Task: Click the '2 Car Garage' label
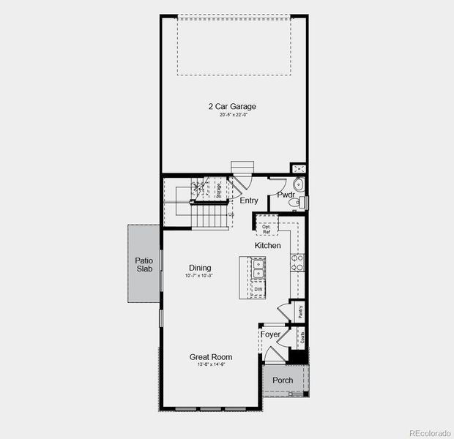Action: [x=231, y=107]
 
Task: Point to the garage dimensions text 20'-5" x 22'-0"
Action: [x=231, y=115]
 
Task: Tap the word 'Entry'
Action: [x=249, y=200]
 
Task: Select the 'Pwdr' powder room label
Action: [x=286, y=195]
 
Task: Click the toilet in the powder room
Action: [x=303, y=202]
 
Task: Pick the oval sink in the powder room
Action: [x=298, y=184]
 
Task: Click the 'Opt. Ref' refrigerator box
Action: [x=267, y=228]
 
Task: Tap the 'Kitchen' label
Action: [x=267, y=246]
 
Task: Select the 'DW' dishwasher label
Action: [x=258, y=290]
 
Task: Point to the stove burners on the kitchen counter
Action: [x=299, y=263]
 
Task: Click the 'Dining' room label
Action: [x=200, y=268]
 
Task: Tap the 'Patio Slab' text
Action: [x=144, y=264]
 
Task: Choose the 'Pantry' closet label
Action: [x=301, y=311]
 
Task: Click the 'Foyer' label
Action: [x=272, y=334]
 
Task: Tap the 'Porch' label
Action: [x=283, y=380]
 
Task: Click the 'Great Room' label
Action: [x=211, y=357]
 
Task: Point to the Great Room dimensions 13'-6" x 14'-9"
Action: [x=211, y=364]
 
